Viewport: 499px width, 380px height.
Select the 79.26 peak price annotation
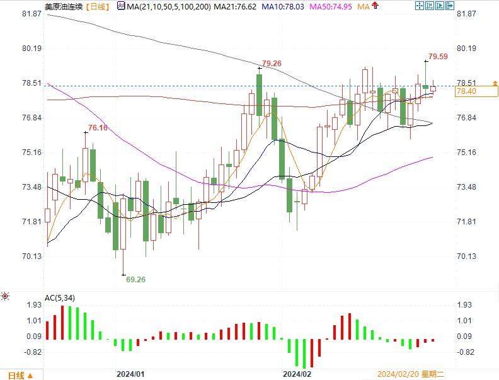(x=272, y=64)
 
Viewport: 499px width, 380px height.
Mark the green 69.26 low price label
(x=136, y=279)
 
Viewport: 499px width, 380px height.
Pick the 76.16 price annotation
(x=98, y=128)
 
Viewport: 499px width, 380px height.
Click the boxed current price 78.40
(x=466, y=92)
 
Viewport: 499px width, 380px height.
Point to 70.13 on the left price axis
(x=32, y=256)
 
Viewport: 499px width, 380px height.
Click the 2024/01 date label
(x=130, y=374)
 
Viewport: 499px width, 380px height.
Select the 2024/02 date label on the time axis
(x=297, y=374)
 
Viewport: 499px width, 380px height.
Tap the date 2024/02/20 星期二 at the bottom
(x=410, y=374)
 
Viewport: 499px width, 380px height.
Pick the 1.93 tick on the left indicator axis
(x=34, y=304)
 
